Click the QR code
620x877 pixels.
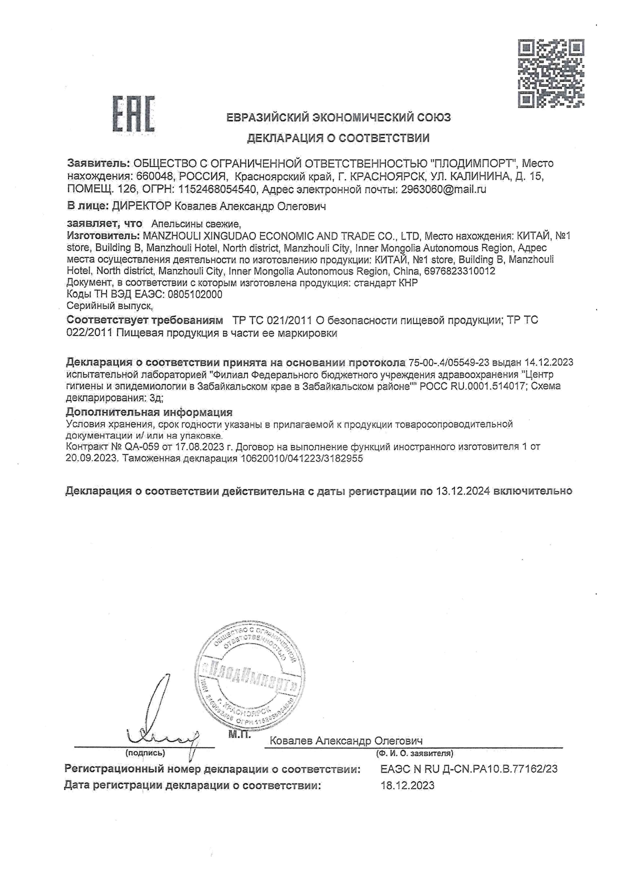[551, 73]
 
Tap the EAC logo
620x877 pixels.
[132, 114]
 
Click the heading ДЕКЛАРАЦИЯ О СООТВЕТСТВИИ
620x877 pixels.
[338, 138]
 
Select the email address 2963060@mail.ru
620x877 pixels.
[443, 189]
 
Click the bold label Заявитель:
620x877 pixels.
[98, 163]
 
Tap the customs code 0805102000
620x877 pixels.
[195, 294]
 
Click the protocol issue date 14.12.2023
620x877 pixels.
[548, 362]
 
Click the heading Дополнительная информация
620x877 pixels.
[149, 412]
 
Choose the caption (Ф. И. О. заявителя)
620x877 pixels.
[414, 752]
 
